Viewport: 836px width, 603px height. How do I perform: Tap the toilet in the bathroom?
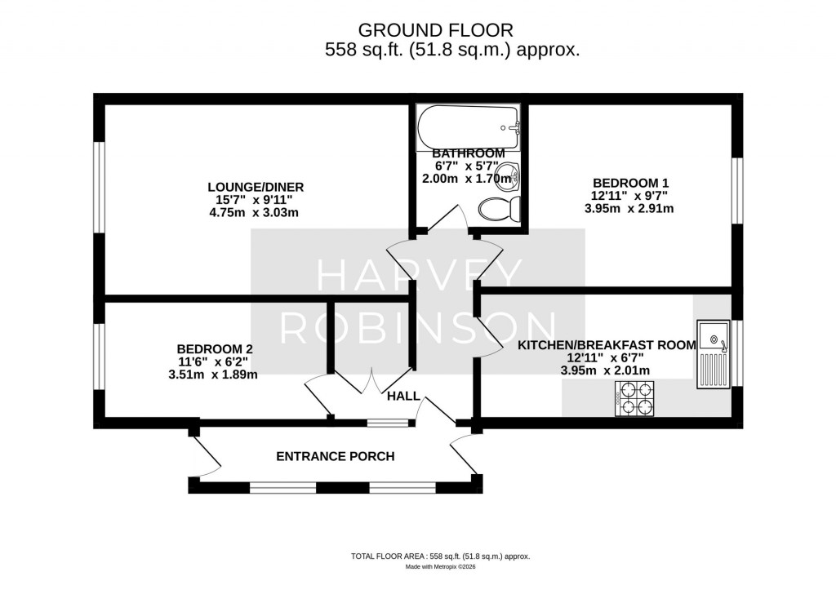499,210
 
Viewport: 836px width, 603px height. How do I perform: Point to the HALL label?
403,397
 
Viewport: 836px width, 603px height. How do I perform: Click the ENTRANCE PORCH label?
335,456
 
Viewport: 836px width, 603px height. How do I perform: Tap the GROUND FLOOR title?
436,30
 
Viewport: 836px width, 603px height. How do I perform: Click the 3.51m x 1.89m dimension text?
212,375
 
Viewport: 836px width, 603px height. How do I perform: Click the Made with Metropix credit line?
441,567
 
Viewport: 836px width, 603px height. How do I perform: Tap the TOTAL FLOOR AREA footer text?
441,556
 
